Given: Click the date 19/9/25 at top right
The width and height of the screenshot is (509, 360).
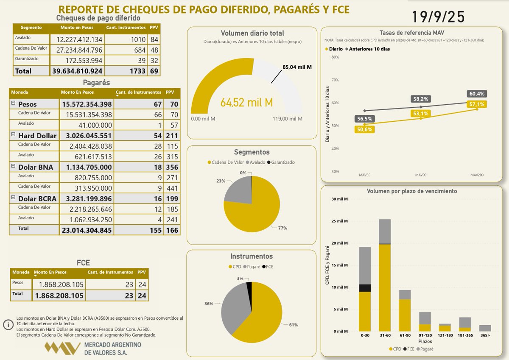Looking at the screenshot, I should click(438, 17).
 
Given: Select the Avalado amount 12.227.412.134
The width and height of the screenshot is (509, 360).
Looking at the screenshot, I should click(76, 40).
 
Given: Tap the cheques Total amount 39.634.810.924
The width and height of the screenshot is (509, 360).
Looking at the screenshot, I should click(76, 71).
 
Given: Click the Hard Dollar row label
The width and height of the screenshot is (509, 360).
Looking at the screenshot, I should click(37, 136).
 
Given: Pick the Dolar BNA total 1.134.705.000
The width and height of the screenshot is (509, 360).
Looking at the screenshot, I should click(87, 167).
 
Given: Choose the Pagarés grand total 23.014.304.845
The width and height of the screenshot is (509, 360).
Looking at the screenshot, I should click(87, 229).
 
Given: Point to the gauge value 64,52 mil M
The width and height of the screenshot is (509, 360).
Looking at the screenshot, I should click(246, 102).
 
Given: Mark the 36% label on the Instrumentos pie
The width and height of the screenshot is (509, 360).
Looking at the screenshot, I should click(209, 304).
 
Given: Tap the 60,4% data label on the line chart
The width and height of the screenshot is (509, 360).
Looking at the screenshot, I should click(477, 94).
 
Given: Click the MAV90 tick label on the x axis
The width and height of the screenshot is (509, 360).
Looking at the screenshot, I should click(420, 175).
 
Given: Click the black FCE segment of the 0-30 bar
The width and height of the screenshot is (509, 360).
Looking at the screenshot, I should click(365, 288).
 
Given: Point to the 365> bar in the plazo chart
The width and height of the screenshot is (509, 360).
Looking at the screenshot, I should click(485, 328).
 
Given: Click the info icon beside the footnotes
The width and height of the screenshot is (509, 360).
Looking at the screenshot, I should click(8, 325).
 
